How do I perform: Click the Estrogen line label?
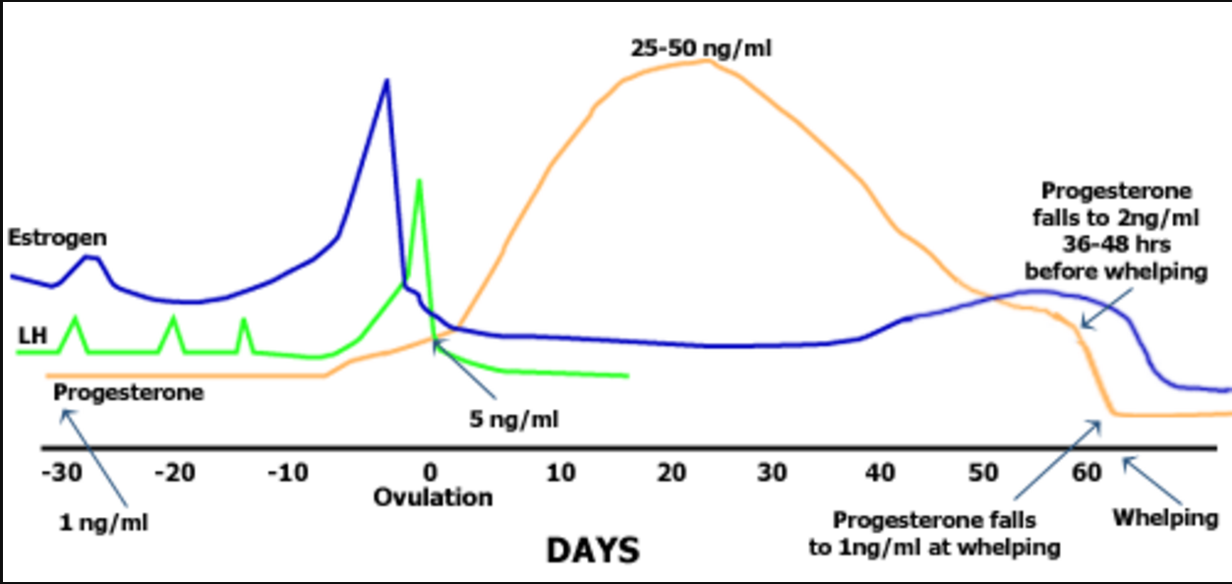(57, 238)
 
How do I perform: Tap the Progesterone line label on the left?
(129, 392)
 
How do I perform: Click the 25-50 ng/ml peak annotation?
(701, 46)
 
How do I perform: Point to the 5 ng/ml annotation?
(513, 420)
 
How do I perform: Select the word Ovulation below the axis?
(433, 496)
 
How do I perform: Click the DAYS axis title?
(592, 550)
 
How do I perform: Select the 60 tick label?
(1086, 473)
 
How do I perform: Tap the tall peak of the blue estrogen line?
(386, 81)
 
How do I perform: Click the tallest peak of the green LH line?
(419, 181)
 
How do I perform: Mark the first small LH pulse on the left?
(74, 319)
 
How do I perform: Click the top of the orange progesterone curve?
(703, 61)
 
